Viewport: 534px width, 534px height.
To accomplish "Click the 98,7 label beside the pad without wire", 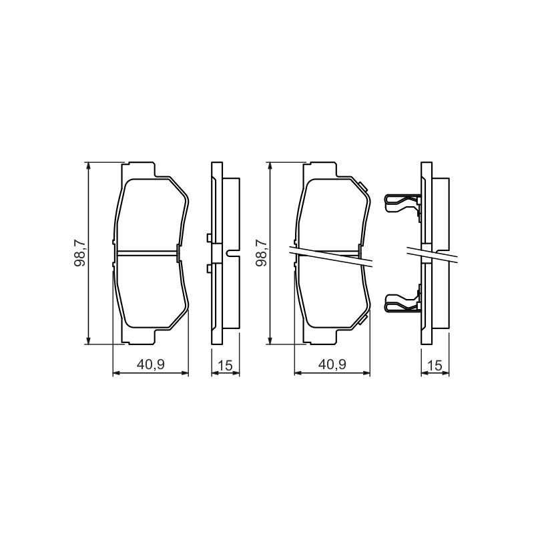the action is (x=81, y=253).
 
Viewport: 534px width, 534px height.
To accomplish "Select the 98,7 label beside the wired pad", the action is (x=262, y=253).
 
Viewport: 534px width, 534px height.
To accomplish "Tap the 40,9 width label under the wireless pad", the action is (x=151, y=364).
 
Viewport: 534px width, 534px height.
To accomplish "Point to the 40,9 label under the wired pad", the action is (x=332, y=364).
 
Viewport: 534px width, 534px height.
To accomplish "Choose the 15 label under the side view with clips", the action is (x=435, y=365).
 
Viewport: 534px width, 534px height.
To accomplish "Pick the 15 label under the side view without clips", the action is (x=226, y=365).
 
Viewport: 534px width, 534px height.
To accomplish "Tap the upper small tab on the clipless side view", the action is (x=210, y=238).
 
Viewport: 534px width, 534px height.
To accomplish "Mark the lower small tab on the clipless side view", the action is (x=210, y=268).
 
